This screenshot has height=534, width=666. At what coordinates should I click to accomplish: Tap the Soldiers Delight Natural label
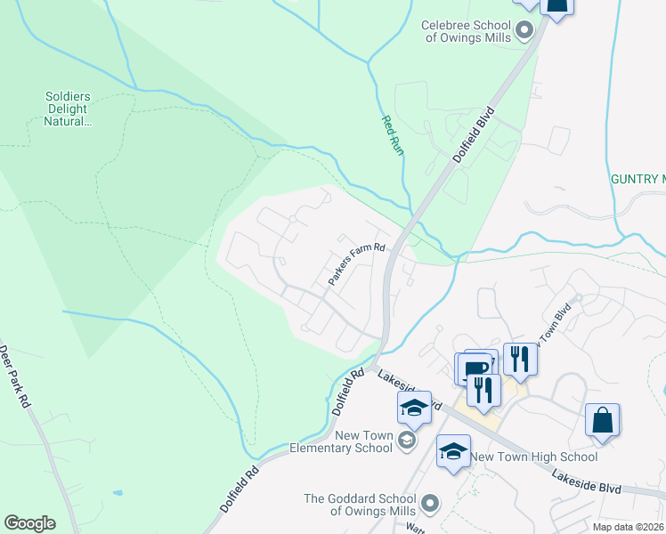[x=69, y=109]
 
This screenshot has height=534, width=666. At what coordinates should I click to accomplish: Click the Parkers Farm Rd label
[x=356, y=264]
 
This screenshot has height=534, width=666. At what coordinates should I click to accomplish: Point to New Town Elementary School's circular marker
[x=407, y=441]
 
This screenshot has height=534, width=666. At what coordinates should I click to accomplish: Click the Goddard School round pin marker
[x=431, y=505]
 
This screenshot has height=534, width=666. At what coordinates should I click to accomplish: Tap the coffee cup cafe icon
[x=475, y=367]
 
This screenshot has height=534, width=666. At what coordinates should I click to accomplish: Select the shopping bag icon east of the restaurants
[x=602, y=419]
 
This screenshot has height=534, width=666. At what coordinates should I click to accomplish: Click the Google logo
[x=29, y=523]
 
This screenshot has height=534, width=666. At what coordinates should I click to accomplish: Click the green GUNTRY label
[x=638, y=179]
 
